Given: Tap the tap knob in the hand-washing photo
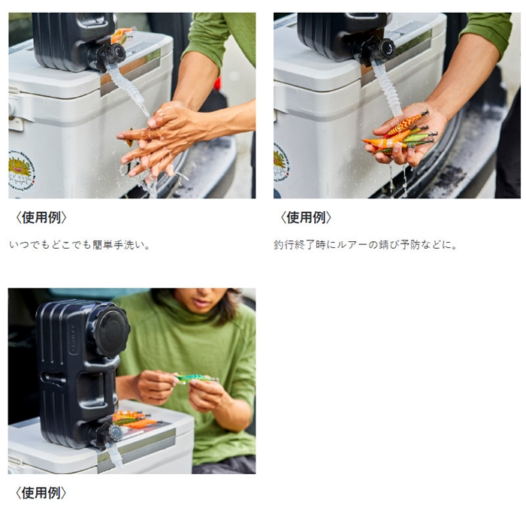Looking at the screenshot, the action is point(117,53).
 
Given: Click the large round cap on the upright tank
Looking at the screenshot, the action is point(111,331).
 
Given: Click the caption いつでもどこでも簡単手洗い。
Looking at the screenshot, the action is point(80,245).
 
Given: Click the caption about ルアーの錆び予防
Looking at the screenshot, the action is point(366,245).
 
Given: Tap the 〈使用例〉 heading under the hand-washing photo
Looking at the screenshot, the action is point(41,217).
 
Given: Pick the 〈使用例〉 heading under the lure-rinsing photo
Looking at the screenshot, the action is point(306,217).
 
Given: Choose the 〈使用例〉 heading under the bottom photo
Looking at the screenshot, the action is point(41,493).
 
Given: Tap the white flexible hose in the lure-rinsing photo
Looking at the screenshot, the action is point(385,88).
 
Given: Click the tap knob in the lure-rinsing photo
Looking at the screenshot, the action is point(386,48).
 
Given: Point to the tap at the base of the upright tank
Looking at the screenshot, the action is point(110,434).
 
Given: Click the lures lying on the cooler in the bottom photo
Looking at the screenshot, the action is point(134,419).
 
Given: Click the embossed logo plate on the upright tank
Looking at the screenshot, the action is point(74,338).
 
